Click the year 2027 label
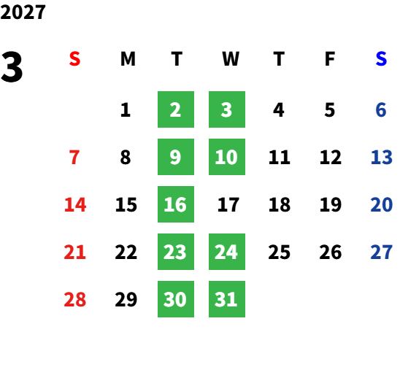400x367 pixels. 23,12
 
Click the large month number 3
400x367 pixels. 12,67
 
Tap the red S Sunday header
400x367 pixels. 74,59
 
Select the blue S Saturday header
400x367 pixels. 381,59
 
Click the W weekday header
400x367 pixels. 231,59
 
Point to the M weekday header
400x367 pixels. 128,59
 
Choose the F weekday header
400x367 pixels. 330,59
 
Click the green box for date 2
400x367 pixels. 176,109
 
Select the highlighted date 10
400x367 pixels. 227,157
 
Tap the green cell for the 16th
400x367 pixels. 176,204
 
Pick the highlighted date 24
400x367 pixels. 227,252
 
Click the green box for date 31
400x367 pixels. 227,299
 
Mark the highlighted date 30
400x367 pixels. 176,299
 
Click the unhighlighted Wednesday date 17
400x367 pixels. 228,204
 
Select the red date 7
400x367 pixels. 74,157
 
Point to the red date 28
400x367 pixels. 74,299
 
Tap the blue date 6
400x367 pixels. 381,109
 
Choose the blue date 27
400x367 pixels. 381,252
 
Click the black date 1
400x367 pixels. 126,109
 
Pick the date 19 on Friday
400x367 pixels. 331,204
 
